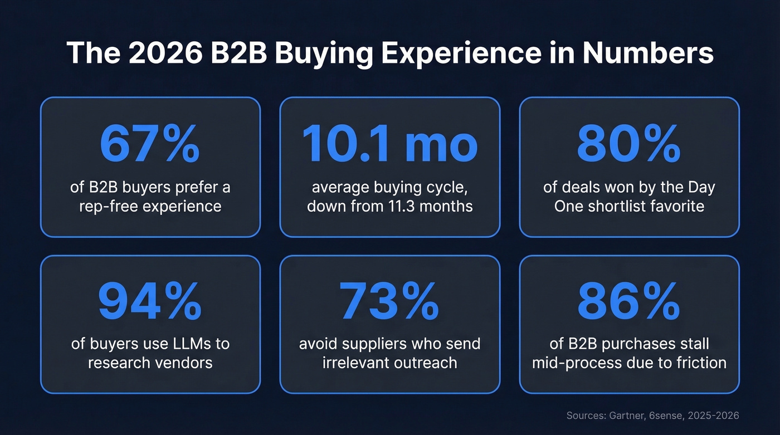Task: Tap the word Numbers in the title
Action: pos(648,54)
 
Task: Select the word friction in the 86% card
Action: pos(699,363)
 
